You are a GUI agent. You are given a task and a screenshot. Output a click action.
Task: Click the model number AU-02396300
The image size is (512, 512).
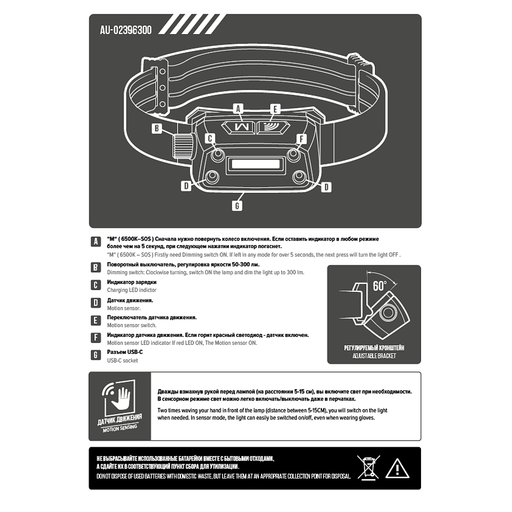coord(126,30)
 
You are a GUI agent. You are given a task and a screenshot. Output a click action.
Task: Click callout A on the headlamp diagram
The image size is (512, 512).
coord(238,108)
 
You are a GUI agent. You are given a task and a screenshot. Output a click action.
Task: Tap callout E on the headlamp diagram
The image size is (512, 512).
coord(275,108)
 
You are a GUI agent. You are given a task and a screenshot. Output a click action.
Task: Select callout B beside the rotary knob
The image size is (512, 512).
coord(158,129)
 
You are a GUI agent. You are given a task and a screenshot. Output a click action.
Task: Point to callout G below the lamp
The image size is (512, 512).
coord(238,205)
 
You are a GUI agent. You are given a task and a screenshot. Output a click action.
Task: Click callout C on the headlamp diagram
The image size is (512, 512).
coord(209,138)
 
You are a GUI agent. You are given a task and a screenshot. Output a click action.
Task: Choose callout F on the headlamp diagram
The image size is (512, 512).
coord(302,138)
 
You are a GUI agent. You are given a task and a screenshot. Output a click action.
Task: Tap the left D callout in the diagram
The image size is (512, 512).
coord(186,185)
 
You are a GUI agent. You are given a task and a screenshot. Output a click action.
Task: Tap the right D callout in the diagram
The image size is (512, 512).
coord(326,187)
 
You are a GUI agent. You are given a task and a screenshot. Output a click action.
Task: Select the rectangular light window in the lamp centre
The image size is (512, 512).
coord(254,166)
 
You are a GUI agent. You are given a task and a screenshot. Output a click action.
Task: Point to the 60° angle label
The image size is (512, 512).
coord(379,286)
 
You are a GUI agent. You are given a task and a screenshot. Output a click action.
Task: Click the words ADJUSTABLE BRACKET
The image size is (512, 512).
coord(374,356)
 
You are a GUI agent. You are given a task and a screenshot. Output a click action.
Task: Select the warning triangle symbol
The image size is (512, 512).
coord(397,468)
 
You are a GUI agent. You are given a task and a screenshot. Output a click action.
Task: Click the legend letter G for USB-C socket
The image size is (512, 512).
coord(96,356)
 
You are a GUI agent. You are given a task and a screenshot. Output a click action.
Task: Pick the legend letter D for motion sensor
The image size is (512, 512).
coord(96,303)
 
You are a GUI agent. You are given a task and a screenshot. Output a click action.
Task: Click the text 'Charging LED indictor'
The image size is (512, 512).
coord(131,290)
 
